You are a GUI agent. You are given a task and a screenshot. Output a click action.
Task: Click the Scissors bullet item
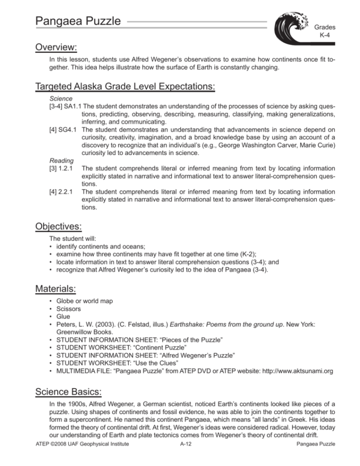(69, 309)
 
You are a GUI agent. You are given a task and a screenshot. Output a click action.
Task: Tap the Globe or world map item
(85, 301)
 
